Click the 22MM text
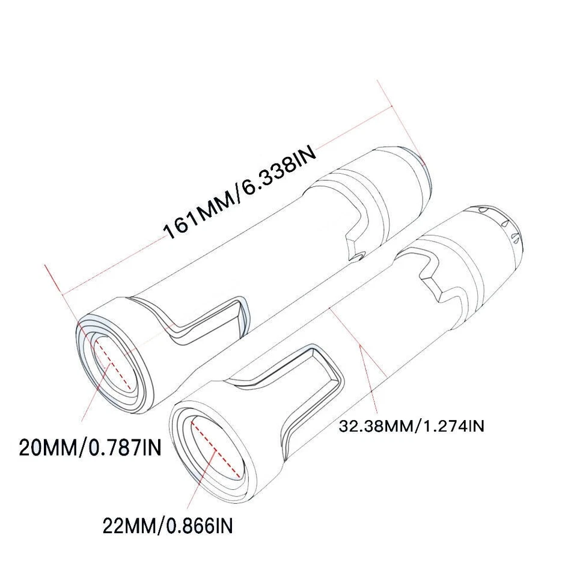(129, 527)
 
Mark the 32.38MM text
(374, 426)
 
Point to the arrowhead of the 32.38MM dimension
(359, 348)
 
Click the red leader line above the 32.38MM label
(368, 379)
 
